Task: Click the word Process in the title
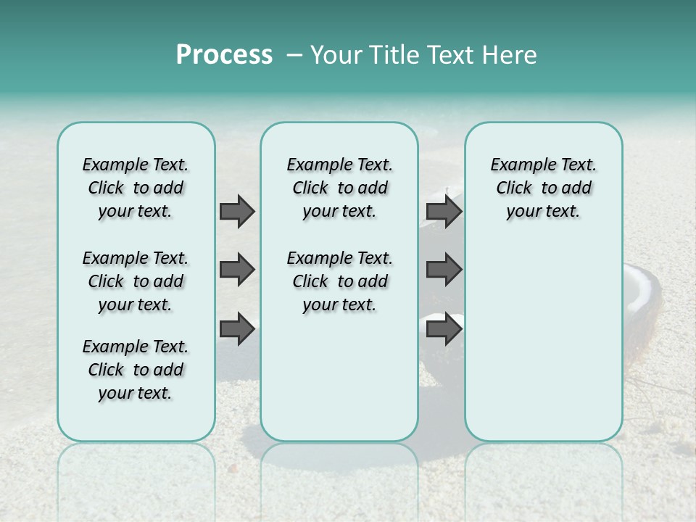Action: (224, 54)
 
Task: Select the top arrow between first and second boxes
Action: (236, 211)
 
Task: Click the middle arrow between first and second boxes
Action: (236, 270)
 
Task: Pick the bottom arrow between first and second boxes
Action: (236, 328)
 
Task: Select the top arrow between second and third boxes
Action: (443, 211)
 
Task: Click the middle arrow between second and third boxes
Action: (443, 270)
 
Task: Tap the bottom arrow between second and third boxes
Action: (443, 328)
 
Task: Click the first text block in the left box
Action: (136, 188)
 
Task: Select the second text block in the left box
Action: (136, 281)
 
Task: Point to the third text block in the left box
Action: (136, 370)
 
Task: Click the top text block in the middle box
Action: (339, 188)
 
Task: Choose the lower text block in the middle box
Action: (339, 281)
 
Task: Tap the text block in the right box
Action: (543, 188)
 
